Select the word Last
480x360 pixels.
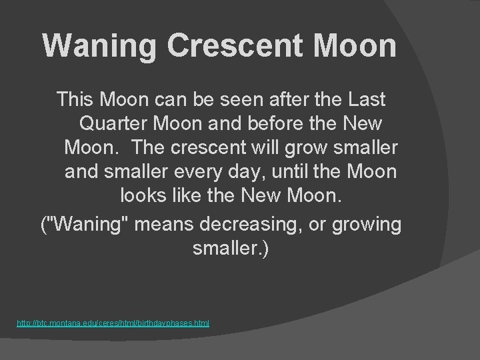point(366,100)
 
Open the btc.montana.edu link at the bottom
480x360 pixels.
point(113,323)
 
